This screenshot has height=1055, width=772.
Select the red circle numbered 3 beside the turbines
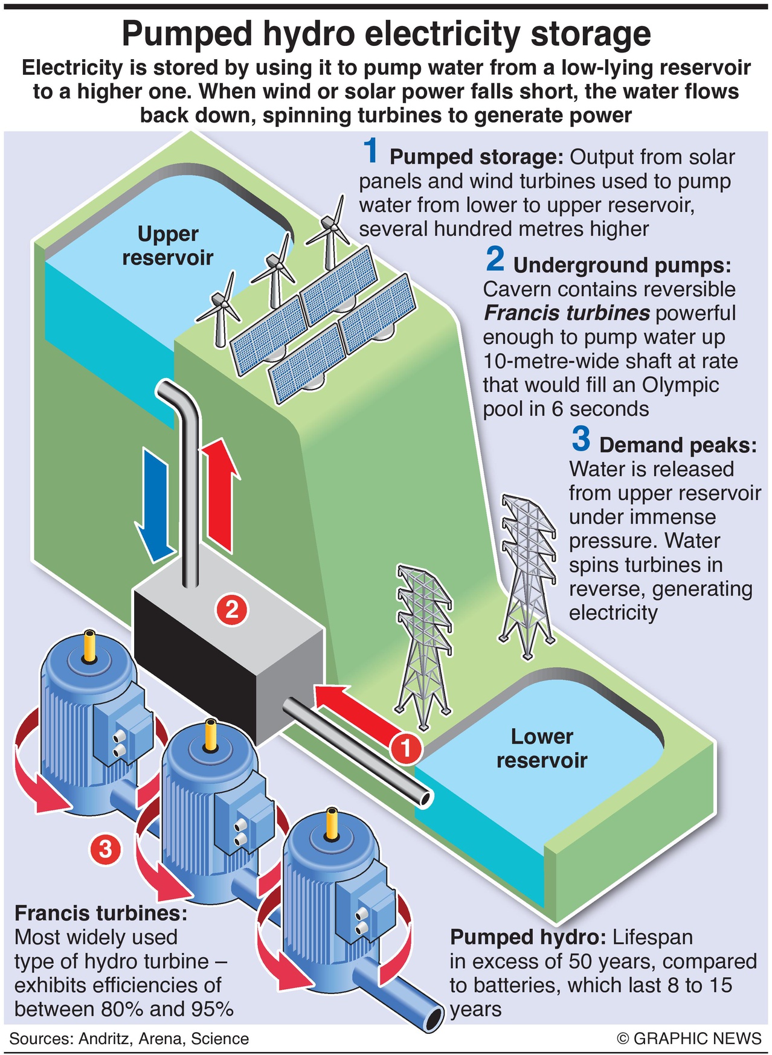[x=105, y=850]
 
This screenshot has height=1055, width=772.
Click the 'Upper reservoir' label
[x=167, y=245]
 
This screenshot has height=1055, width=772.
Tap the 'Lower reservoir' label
[x=541, y=748]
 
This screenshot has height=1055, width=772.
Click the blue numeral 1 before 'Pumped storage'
[x=371, y=151]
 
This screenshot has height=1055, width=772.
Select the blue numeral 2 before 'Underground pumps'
[x=495, y=259]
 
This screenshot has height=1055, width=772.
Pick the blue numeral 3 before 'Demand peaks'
[x=581, y=439]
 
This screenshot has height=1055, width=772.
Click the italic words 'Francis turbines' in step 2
[x=567, y=313]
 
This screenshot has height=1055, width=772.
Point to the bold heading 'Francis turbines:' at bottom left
[x=101, y=912]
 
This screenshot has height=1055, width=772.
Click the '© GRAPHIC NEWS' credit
[x=689, y=1038]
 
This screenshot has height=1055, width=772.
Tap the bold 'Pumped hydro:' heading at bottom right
[x=527, y=937]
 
